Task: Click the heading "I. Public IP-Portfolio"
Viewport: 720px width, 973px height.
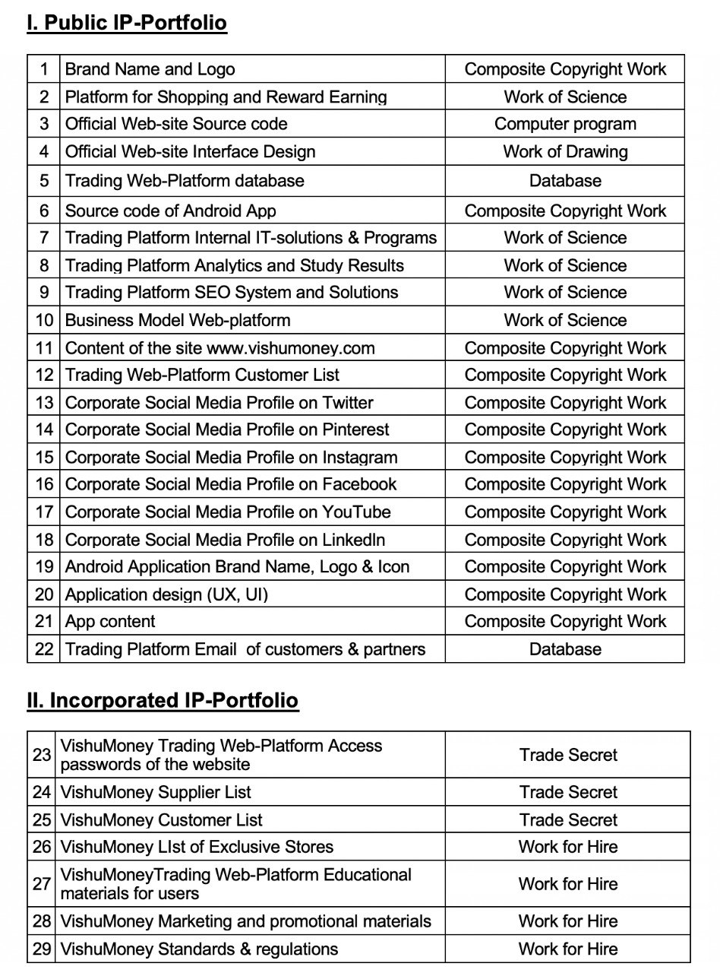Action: [x=127, y=23]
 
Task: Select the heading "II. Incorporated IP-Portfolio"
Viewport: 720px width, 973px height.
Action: [x=163, y=699]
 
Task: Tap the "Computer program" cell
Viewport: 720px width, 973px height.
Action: [x=565, y=124]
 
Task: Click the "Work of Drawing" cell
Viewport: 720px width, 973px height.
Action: [x=565, y=151]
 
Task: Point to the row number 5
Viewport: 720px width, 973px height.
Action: [x=44, y=180]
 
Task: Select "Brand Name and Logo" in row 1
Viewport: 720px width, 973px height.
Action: [x=150, y=69]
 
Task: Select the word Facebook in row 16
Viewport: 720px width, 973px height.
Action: [x=359, y=484]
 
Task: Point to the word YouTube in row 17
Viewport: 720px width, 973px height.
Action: [x=356, y=512]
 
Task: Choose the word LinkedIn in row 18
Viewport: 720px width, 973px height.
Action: [x=353, y=540]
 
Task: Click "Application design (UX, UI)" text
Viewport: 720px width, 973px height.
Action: [x=166, y=594]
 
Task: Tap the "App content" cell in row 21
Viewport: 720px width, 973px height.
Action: [x=110, y=622]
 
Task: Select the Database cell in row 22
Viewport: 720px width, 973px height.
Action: [x=565, y=649]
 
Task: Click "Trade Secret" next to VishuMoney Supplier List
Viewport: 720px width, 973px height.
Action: [x=568, y=792]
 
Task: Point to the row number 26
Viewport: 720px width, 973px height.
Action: [x=43, y=847]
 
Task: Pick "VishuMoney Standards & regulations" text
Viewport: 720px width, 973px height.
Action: [x=199, y=949]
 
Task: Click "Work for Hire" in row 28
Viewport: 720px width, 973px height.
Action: [x=568, y=921]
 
